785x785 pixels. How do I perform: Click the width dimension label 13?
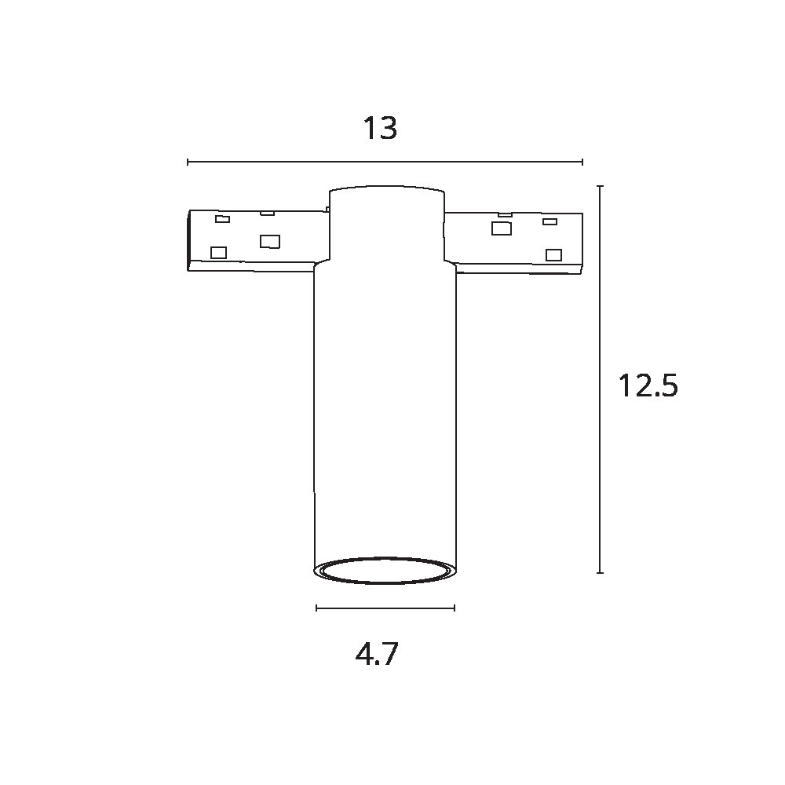click(380, 128)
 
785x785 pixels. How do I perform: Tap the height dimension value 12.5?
click(647, 386)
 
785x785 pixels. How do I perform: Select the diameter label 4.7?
click(377, 654)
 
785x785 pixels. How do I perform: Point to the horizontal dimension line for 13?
click(385, 162)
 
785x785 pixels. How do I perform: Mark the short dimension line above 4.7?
click(385, 608)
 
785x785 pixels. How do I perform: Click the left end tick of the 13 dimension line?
click(188, 162)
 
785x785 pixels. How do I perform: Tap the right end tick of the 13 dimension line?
click(582, 162)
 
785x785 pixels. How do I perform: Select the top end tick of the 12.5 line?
click(600, 187)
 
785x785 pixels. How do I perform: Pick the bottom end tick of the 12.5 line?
click(600, 573)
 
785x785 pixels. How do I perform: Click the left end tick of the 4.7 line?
click(316, 608)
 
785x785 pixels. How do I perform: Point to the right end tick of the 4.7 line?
click(455, 608)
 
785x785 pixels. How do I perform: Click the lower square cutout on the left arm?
click(219, 253)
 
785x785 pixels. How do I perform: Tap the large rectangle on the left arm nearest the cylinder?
click(270, 241)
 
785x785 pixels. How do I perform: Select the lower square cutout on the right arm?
click(554, 254)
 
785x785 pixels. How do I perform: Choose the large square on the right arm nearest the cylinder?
click(501, 228)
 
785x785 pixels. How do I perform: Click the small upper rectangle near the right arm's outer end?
click(550, 221)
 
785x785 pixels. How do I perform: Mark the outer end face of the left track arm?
click(191, 240)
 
